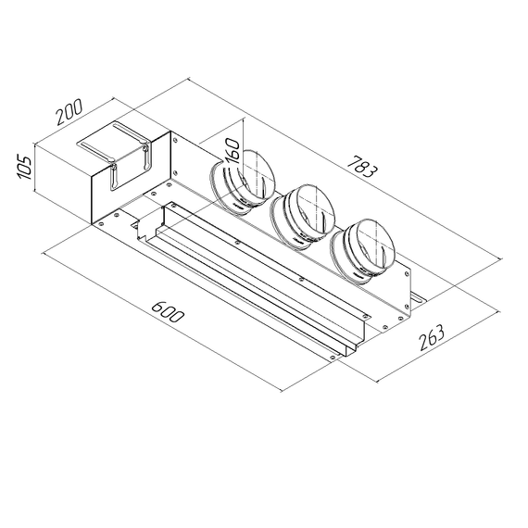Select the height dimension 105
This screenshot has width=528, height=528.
(25, 168)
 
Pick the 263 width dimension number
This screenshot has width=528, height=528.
(430, 338)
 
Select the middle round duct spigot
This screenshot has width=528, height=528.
(301, 216)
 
